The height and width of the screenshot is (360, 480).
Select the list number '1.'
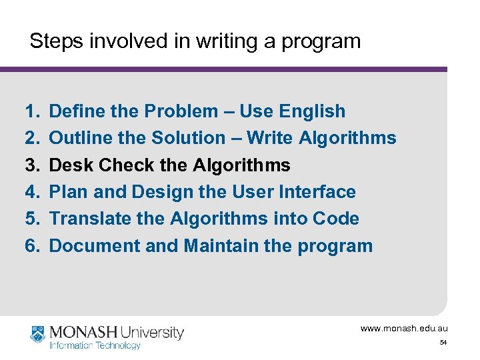(33, 111)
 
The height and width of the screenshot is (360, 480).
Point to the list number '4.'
(33, 192)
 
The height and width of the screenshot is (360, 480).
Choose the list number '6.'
(33, 246)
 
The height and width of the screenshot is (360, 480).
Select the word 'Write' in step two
(270, 138)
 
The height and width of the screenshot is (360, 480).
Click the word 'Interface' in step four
(315, 192)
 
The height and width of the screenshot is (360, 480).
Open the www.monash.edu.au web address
(404, 329)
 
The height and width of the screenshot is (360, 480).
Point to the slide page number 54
(443, 343)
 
